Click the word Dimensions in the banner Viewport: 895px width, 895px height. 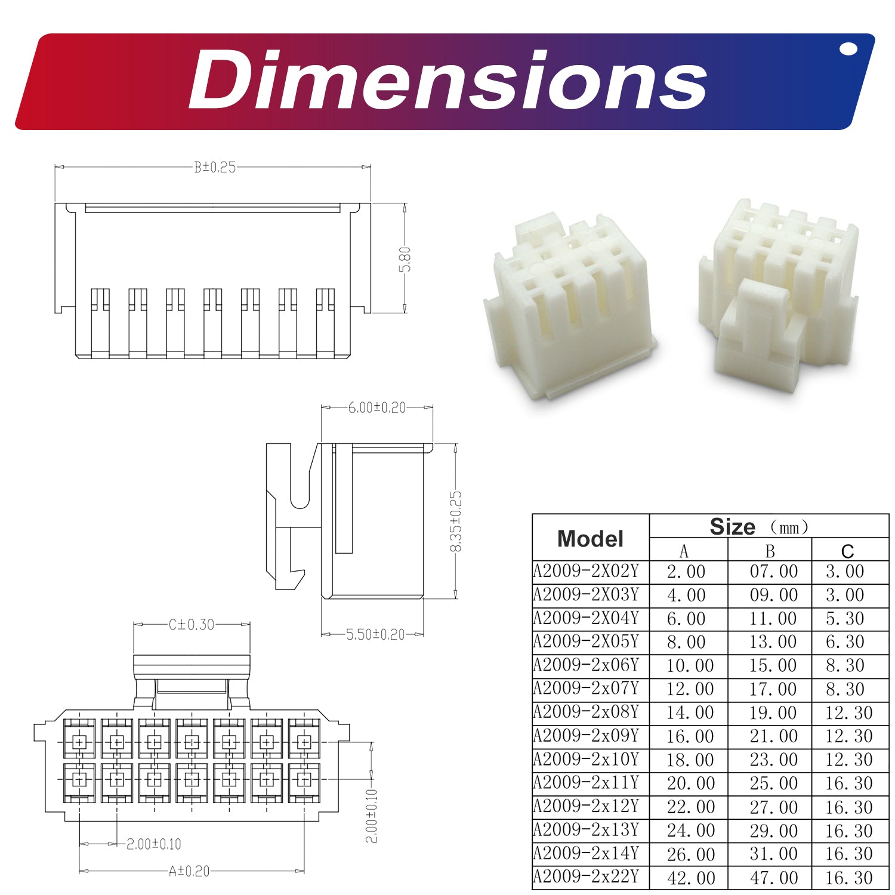(447, 81)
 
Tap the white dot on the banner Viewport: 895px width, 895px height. (848, 49)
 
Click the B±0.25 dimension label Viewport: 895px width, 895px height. (215, 168)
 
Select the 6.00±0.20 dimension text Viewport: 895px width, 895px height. (376, 408)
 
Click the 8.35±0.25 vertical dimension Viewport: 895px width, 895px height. (456, 521)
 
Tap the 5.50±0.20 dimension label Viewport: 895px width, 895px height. (375, 634)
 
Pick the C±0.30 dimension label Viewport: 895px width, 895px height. (191, 625)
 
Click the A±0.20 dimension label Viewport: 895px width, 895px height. (189, 872)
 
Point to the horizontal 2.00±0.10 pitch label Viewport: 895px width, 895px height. (153, 844)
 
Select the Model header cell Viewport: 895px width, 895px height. (590, 539)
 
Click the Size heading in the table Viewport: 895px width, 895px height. (733, 527)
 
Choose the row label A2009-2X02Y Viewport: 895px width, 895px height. (586, 572)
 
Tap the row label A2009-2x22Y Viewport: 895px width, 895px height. (586, 877)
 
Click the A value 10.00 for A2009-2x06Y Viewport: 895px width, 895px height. (690, 666)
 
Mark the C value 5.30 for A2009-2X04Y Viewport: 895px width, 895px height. (845, 619)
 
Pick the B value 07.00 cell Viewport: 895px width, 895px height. (773, 572)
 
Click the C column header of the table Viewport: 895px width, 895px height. (847, 551)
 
